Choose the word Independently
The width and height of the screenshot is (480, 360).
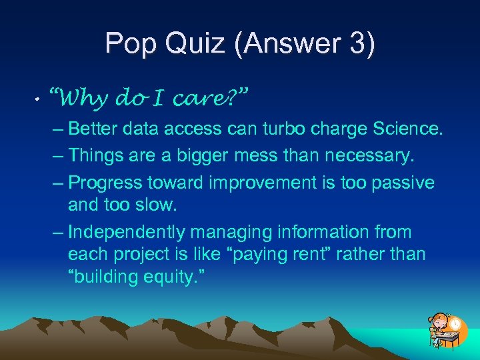[127, 232]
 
